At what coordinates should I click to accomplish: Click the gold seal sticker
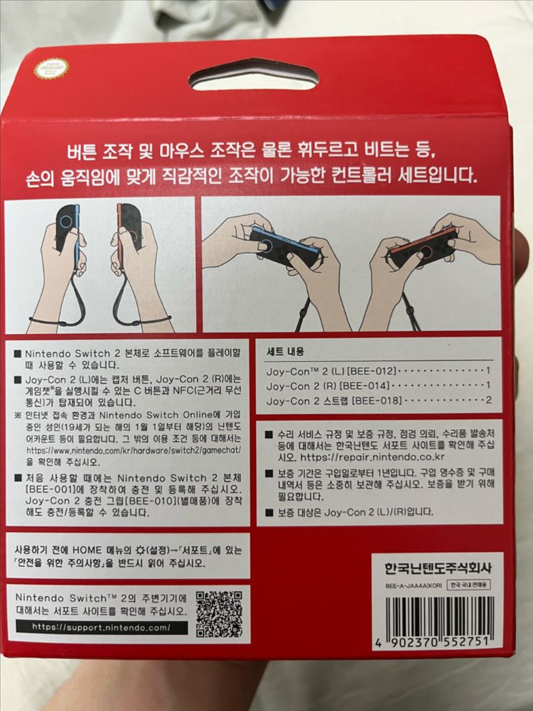click(x=51, y=69)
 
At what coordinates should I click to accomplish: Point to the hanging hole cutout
click(x=254, y=74)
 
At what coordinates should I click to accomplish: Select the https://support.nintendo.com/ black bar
click(x=101, y=628)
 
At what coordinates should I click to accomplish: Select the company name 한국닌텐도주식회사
click(x=438, y=568)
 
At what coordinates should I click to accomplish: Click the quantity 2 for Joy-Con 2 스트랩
click(x=488, y=401)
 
